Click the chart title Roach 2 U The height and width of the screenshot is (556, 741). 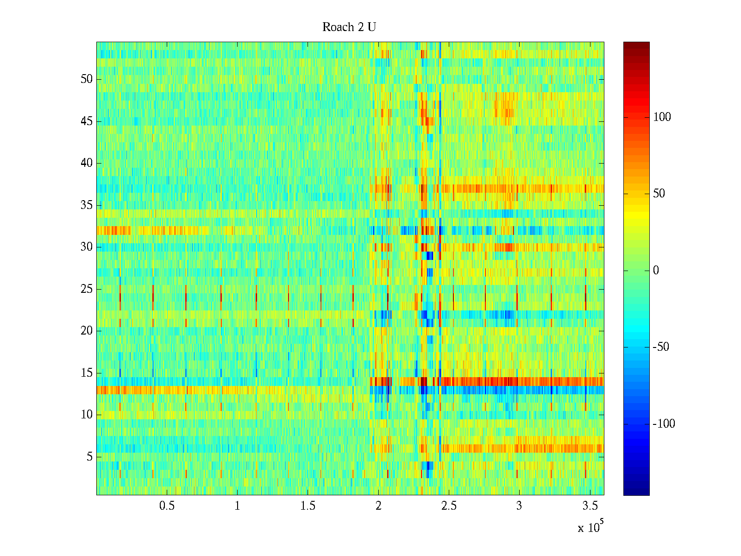point(349,27)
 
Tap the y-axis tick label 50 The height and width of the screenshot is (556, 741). point(87,79)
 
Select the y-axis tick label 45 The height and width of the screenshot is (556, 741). point(87,121)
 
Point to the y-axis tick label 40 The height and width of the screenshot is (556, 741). point(87,163)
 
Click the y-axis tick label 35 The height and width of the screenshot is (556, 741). point(87,205)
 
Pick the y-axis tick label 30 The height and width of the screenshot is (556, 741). point(87,247)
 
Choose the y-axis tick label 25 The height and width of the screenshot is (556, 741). point(87,289)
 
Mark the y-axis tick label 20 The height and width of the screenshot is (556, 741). point(87,331)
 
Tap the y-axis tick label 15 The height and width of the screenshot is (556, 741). point(87,373)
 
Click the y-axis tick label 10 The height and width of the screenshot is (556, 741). point(87,415)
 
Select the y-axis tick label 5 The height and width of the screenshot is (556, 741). point(89,457)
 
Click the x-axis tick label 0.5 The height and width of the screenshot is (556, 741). point(167,506)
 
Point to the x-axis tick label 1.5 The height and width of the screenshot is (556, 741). point(308,506)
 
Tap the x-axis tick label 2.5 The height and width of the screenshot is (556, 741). point(449,506)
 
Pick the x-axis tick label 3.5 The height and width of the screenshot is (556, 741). point(590,506)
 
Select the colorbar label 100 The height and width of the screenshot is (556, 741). point(662,117)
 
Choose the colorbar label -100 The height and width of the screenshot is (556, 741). point(664,424)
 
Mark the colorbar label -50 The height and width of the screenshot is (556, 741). point(661,347)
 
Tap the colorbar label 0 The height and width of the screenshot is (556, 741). point(656,271)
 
